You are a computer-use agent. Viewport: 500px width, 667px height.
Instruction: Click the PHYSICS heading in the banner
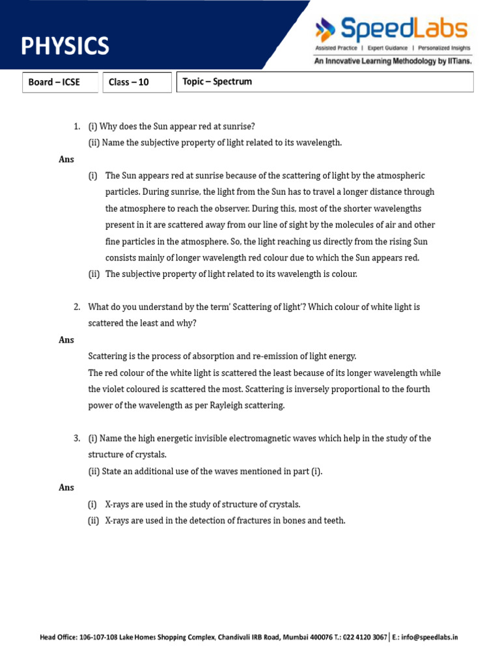click(x=65, y=46)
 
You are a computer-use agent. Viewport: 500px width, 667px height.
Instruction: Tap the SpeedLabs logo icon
click(x=325, y=29)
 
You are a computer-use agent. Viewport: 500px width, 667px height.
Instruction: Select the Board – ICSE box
click(x=60, y=82)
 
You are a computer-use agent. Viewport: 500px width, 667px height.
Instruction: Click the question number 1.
click(x=77, y=126)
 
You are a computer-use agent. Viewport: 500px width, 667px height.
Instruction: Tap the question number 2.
click(x=77, y=307)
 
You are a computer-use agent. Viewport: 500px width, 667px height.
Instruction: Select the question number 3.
click(x=77, y=438)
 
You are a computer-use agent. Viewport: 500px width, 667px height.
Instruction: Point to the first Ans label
click(x=66, y=160)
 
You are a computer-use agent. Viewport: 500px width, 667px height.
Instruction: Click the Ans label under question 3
click(x=66, y=488)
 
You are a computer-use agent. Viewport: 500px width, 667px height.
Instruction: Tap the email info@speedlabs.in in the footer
click(x=429, y=637)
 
